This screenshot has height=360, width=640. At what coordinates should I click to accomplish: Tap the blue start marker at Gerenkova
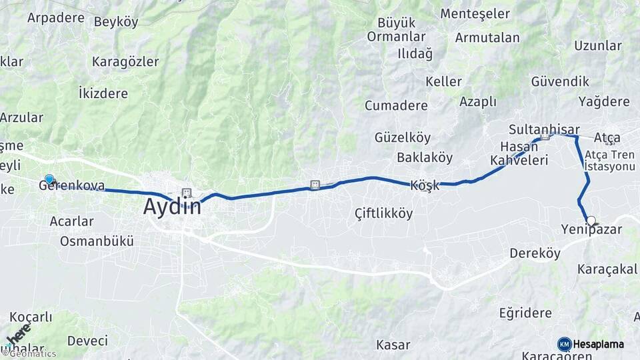49,179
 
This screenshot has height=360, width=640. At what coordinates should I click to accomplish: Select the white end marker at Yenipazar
591,221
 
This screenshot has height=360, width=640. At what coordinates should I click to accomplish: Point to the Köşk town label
425,186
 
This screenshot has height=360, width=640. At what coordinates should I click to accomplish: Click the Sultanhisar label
544,129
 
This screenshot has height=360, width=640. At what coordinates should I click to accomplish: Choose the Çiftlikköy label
383,213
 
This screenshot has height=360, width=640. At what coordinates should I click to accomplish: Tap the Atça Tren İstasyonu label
609,160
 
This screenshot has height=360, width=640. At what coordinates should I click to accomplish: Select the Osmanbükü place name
97,241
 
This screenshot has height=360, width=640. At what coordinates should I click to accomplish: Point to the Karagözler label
125,62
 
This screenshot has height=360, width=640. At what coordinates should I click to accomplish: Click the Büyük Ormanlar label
396,30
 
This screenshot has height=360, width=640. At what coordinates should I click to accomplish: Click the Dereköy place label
535,253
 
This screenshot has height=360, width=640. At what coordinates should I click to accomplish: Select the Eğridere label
525,313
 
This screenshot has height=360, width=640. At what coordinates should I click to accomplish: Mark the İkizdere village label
103,93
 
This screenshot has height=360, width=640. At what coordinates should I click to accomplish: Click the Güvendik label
560,81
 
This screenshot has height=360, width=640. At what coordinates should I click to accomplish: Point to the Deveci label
87,341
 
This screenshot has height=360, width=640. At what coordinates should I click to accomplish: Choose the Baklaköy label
425,158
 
